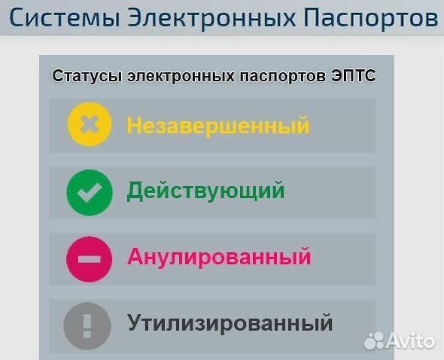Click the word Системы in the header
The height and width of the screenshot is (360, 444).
60,18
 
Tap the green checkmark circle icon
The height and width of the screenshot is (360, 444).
89,191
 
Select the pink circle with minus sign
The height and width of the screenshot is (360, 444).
89,258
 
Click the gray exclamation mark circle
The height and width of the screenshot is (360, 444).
88,325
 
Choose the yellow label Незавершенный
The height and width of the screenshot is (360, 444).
218,124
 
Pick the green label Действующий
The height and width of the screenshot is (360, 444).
205,191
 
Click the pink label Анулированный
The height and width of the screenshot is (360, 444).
219,257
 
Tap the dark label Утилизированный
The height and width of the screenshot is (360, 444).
230,324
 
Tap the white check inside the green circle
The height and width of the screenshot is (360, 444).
89,191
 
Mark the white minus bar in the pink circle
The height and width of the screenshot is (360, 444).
89,258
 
